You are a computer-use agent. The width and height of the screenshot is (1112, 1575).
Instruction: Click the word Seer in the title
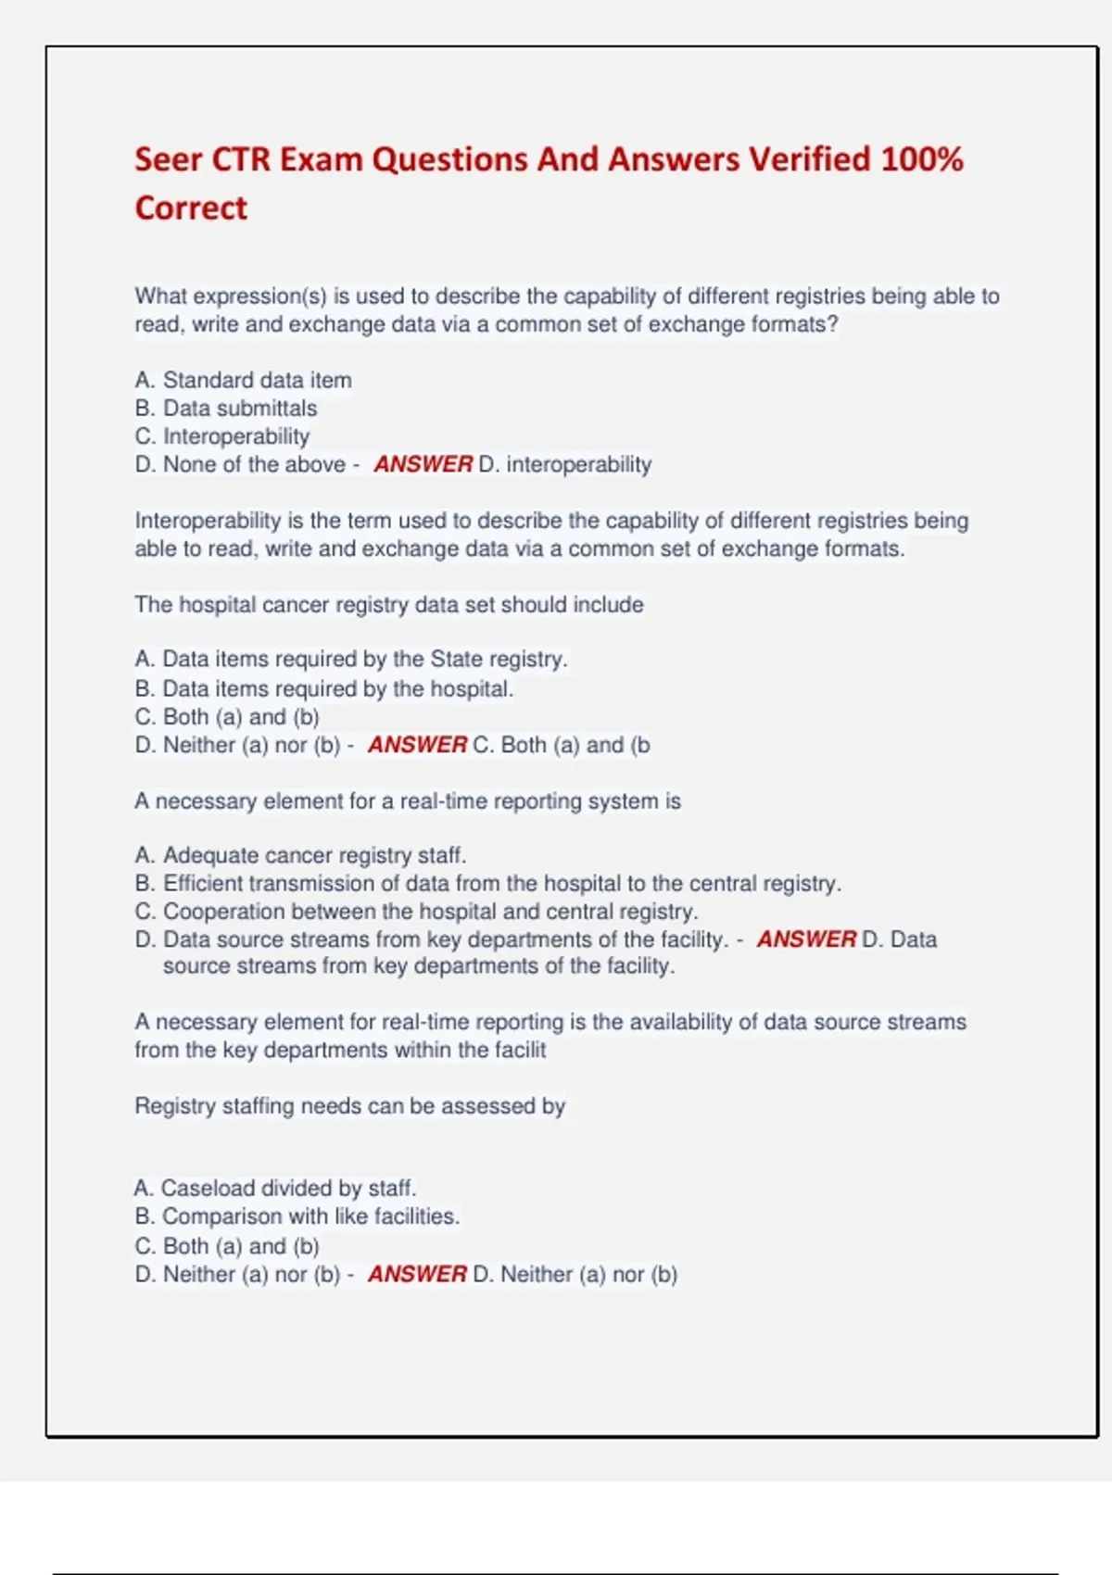click(168, 159)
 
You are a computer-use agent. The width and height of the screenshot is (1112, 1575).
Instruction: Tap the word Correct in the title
click(191, 208)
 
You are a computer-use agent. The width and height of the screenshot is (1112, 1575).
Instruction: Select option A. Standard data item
click(243, 381)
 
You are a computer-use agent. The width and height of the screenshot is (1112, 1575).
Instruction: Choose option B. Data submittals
click(225, 409)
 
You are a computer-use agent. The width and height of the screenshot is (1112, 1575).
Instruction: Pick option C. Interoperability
click(221, 436)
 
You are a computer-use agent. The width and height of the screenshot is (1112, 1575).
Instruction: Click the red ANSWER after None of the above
click(423, 464)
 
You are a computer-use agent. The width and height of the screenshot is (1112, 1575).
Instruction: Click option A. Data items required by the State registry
click(350, 660)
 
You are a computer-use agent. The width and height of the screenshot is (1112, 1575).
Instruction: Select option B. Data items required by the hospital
click(323, 689)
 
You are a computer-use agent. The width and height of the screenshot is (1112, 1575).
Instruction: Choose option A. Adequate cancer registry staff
click(300, 855)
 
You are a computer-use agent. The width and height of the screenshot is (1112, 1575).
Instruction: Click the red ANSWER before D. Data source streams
click(806, 939)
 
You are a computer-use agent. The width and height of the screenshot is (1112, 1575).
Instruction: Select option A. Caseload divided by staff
click(274, 1189)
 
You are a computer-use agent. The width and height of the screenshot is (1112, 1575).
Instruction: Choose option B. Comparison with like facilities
click(297, 1216)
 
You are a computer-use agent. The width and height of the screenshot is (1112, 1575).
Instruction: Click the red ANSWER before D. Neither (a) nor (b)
click(417, 1275)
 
